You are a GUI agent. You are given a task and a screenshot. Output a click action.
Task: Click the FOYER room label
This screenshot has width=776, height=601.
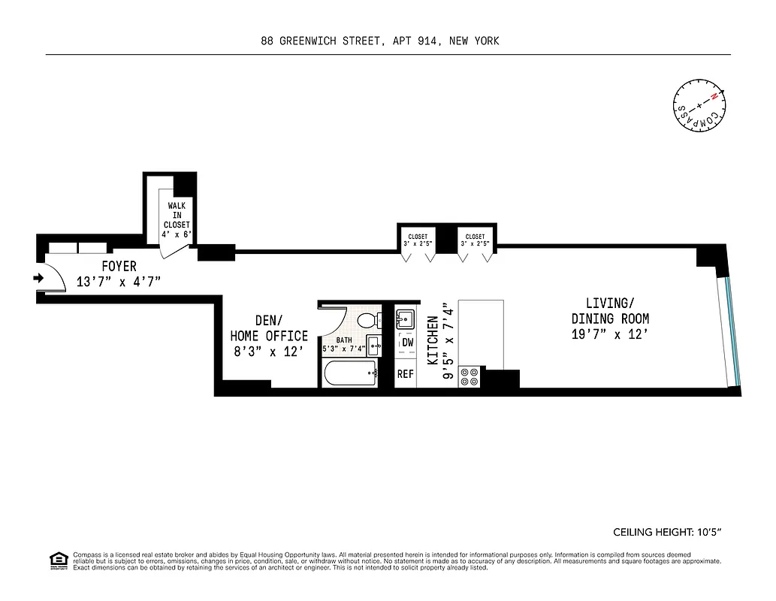click(119, 267)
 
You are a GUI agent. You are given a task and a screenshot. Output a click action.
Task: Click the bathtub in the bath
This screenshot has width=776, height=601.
click(350, 373)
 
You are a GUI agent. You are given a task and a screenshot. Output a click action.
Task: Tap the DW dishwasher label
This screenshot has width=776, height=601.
click(407, 343)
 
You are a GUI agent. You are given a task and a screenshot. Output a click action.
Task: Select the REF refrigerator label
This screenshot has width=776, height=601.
click(406, 373)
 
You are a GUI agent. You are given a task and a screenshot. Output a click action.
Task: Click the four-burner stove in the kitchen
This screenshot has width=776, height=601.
click(470, 376)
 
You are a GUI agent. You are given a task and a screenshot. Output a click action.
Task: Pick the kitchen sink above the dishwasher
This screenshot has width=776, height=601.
click(405, 319)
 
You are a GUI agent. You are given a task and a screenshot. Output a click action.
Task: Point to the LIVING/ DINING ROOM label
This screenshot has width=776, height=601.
click(610, 310)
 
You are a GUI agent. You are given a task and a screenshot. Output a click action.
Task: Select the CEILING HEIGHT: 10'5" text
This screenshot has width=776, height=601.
click(667, 533)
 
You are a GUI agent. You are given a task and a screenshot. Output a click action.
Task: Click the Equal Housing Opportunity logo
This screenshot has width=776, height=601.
click(58, 560)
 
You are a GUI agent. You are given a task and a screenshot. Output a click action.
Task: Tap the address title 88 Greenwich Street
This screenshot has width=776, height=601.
click(380, 41)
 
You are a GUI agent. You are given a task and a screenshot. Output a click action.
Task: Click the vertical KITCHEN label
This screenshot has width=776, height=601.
click(433, 340)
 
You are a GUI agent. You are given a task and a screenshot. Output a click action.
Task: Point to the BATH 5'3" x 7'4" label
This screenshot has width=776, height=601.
click(343, 344)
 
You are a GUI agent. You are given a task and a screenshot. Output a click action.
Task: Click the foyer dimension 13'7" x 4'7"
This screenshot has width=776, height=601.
click(119, 282)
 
